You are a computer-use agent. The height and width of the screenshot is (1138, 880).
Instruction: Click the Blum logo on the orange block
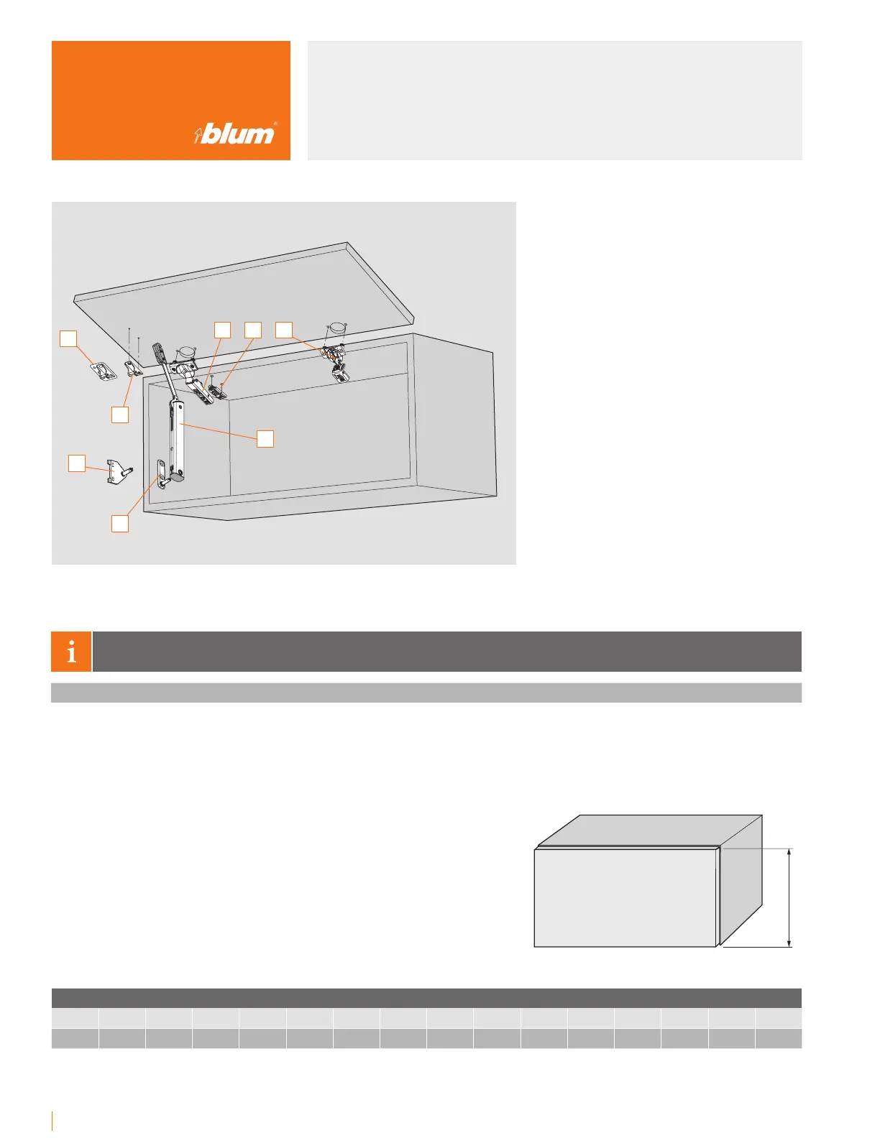(235, 134)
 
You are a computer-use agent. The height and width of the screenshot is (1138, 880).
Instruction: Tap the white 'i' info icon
(71, 652)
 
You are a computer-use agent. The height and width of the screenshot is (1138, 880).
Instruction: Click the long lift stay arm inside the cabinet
(178, 431)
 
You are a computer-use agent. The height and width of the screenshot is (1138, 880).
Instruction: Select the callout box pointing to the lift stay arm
(265, 438)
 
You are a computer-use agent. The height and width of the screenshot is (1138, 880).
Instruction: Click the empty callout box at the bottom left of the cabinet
(120, 523)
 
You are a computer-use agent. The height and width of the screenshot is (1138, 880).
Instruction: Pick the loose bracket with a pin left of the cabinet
(118, 471)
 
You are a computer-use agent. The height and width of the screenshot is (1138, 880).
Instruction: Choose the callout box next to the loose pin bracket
(77, 463)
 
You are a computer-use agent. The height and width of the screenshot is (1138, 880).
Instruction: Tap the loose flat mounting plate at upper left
(104, 372)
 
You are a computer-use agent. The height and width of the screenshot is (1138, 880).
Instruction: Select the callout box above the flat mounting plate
(68, 338)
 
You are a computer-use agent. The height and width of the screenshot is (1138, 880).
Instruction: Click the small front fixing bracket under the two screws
(134, 368)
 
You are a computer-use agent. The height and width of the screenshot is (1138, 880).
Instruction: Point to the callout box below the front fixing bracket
(120, 415)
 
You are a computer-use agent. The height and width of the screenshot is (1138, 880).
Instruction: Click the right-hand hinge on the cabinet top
(336, 359)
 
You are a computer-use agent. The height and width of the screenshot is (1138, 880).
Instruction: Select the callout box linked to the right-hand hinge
(284, 329)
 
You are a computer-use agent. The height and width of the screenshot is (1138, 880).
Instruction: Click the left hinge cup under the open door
(186, 353)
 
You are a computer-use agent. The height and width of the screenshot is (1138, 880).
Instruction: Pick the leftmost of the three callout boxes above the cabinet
(223, 329)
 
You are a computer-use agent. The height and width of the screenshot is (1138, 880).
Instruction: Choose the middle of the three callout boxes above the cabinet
(252, 329)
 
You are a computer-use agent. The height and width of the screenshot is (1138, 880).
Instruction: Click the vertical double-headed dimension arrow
(789, 897)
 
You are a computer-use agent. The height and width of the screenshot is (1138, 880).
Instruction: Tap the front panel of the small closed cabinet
(625, 898)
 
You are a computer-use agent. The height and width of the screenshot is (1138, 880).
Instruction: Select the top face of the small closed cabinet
(647, 831)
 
